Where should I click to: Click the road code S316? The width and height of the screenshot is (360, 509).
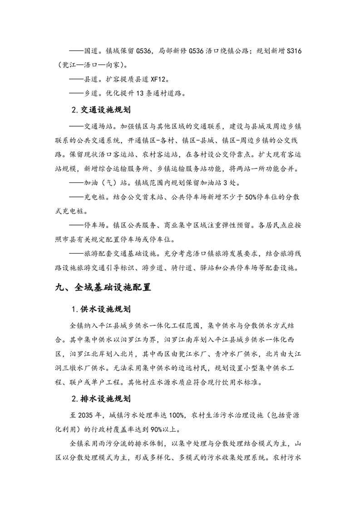pyautogui.click(x=290, y=52)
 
